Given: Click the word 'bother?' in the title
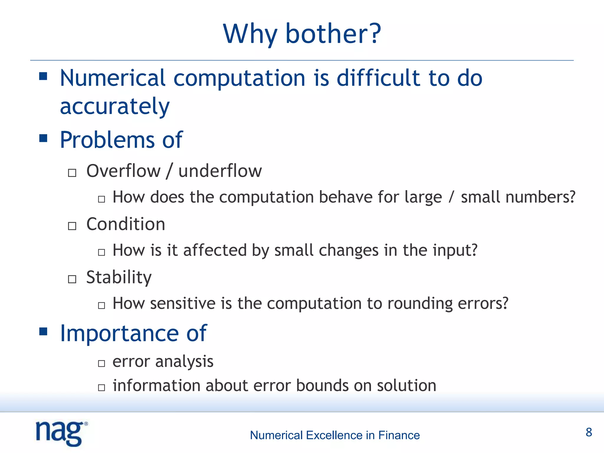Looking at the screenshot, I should pos(333,34).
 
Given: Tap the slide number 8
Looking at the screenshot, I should pos(589,432).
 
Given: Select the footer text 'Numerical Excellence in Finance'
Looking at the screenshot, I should pos(335,435).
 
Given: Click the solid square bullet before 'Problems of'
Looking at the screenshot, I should pos(43,138).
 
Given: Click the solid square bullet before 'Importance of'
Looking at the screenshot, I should pos(43,331).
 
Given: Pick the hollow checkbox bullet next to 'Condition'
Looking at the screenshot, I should pos(72,226).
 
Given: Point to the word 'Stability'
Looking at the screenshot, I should pos(119,278).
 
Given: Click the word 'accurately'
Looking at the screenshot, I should pos(115,106).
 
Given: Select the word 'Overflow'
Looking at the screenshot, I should pos(123,171).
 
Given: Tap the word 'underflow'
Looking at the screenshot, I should pos(220,171).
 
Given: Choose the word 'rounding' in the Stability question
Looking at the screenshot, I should pos(420,303).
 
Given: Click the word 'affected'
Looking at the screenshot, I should pos(215,250).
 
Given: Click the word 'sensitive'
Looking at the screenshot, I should pos(183,303).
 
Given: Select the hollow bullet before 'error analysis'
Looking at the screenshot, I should pos(101,363).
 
